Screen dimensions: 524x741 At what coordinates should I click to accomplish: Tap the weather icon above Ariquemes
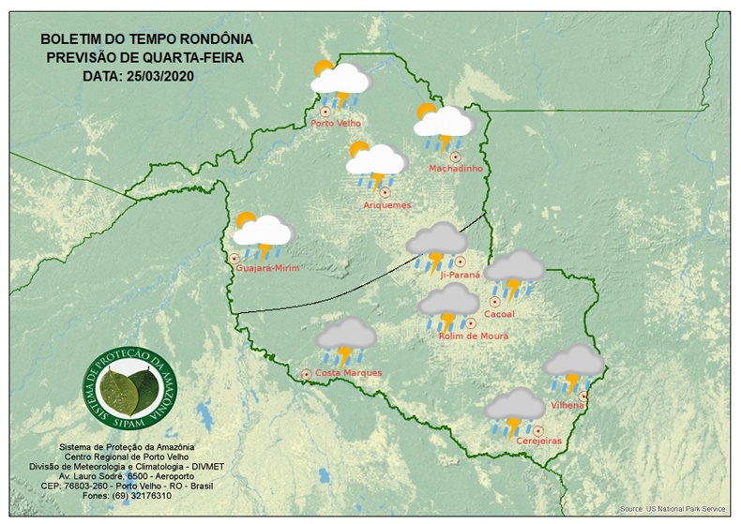pyautogui.click(x=375, y=163)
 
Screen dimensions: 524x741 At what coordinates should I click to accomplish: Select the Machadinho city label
pyautogui.click(x=455, y=169)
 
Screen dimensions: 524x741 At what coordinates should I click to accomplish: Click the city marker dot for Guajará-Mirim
pyautogui.click(x=234, y=258)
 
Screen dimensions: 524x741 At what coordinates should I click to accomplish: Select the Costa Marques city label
pyautogui.click(x=348, y=373)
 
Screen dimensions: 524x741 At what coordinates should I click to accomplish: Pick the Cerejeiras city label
pyautogui.click(x=538, y=440)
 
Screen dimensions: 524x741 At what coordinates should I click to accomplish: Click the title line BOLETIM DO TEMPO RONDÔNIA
pyautogui.click(x=145, y=40)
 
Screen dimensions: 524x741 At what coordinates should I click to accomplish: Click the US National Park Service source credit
pyautogui.click(x=672, y=509)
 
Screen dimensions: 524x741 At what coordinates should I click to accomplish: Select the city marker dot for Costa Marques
pyautogui.click(x=306, y=374)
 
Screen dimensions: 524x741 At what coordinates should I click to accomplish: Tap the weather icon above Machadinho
pyautogui.click(x=443, y=124)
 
